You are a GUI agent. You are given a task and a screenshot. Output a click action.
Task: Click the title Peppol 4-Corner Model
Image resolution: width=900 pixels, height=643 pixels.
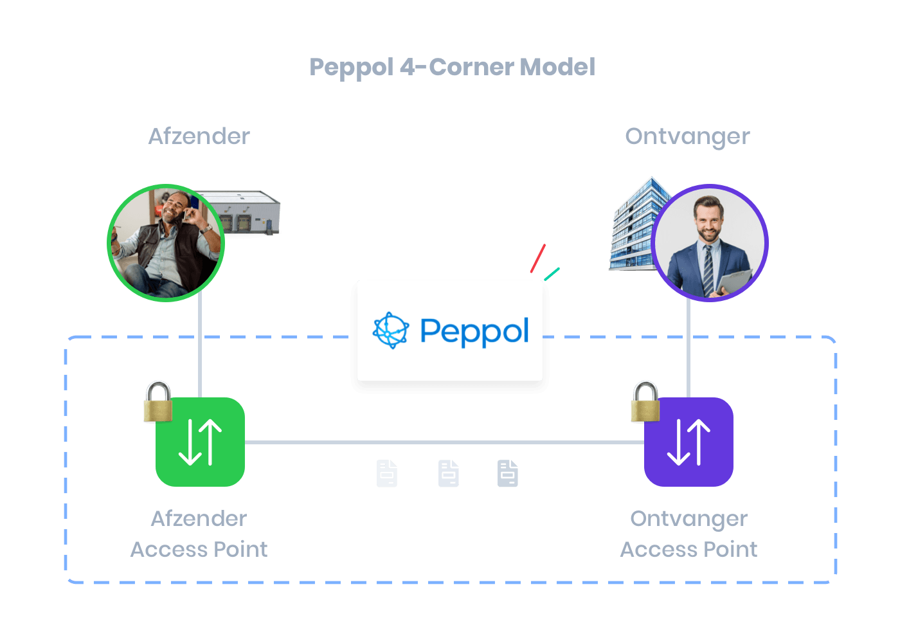pyautogui.click(x=452, y=68)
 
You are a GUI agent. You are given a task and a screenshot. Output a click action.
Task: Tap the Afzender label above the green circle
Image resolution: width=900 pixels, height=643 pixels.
pyautogui.click(x=199, y=136)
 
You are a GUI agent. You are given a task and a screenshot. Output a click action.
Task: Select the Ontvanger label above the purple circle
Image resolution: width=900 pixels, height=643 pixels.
pyautogui.click(x=687, y=136)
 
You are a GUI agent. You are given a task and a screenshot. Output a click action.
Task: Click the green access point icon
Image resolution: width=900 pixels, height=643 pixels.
pyautogui.click(x=201, y=442)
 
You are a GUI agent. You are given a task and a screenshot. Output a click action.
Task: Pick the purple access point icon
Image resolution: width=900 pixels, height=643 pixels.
pyautogui.click(x=689, y=442)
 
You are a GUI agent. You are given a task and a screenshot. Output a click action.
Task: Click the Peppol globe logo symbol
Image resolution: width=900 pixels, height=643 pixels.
pyautogui.click(x=391, y=331)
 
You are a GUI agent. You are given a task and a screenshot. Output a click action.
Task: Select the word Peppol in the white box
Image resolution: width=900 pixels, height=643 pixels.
pyautogui.click(x=474, y=332)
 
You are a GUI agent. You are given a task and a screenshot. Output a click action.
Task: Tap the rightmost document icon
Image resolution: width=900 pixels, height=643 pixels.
pyautogui.click(x=508, y=474)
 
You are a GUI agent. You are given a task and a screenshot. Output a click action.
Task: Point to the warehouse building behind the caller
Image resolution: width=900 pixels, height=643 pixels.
pyautogui.click(x=248, y=212)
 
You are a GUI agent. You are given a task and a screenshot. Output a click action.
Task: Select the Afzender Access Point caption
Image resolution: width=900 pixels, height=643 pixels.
pyautogui.click(x=199, y=534)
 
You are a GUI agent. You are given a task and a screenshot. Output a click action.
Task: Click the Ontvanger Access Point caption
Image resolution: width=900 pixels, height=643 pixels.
pyautogui.click(x=688, y=534)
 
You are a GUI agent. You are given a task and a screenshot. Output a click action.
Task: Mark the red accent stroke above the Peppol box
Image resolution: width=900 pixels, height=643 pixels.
pyautogui.click(x=538, y=258)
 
